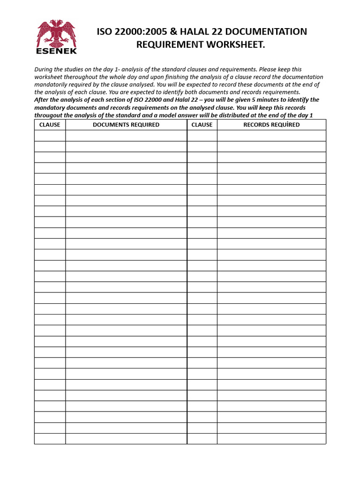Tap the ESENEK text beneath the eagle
pyautogui.click(x=56, y=51)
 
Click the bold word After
pyautogui.click(x=43, y=100)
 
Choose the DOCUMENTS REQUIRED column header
pyautogui.click(x=126, y=125)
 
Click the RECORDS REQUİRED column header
pyautogui.click(x=271, y=125)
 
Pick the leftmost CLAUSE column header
pyautogui.click(x=50, y=125)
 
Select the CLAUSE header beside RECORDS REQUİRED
pyautogui.click(x=202, y=125)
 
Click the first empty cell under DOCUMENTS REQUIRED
pyautogui.click(x=126, y=136)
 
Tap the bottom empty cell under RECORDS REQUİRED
pyautogui.click(x=271, y=439)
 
